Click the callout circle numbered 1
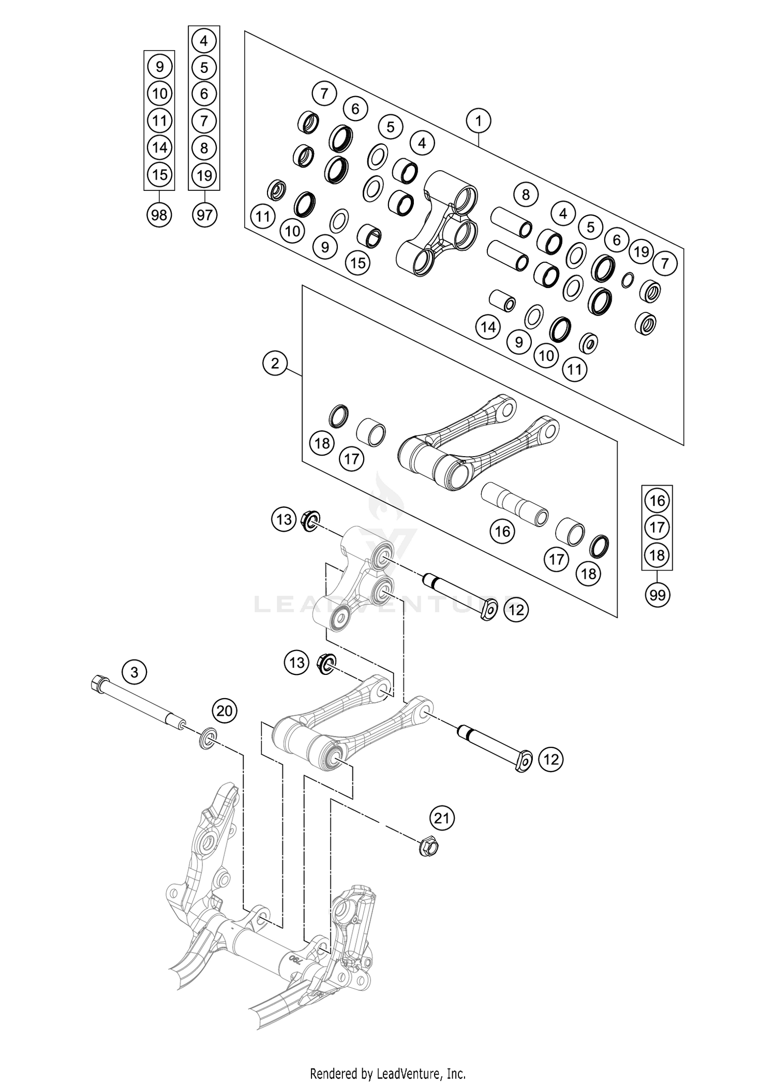coord(479,122)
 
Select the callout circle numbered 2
coord(275,363)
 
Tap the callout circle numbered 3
coord(135,672)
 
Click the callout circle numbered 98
coord(159,214)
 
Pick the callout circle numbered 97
coord(204,214)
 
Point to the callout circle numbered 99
coord(657,595)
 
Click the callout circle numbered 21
coord(441,818)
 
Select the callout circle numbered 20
coord(225,711)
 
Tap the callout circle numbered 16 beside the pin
coord(502,531)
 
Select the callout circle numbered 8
coord(526,195)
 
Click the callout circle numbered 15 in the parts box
coord(358,263)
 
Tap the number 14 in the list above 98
coord(160,147)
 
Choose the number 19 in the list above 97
coord(204,175)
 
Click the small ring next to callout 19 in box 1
coord(628,280)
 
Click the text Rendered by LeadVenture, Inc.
coord(387,1073)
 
